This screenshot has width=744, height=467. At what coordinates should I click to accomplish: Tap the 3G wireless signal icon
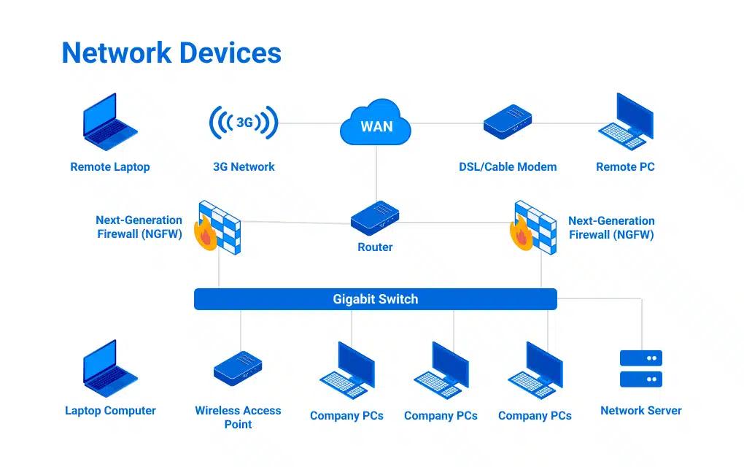[x=244, y=123]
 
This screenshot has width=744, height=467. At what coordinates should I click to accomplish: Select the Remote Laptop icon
[x=110, y=121]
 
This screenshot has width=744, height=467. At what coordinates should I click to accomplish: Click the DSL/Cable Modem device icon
[x=508, y=121]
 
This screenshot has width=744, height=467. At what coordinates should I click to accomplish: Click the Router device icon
[x=375, y=217]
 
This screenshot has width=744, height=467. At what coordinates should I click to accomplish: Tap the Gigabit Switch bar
[x=375, y=299]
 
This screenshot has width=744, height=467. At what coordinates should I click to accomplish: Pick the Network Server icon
[x=640, y=368]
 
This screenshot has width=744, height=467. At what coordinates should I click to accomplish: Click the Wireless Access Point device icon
[x=238, y=368]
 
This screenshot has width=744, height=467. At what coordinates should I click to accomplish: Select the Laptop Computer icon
[x=110, y=368]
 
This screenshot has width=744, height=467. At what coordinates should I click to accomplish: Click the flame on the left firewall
[x=205, y=235]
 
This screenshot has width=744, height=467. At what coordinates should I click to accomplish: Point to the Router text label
[x=375, y=247]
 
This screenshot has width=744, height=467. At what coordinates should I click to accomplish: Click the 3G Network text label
[x=244, y=167]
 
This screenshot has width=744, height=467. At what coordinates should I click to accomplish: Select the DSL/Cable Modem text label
[x=508, y=167]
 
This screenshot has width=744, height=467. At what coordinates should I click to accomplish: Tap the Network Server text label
[x=640, y=411]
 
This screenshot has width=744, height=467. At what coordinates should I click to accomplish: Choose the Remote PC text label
[x=625, y=167]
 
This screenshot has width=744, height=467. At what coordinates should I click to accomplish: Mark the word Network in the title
[x=116, y=53]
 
